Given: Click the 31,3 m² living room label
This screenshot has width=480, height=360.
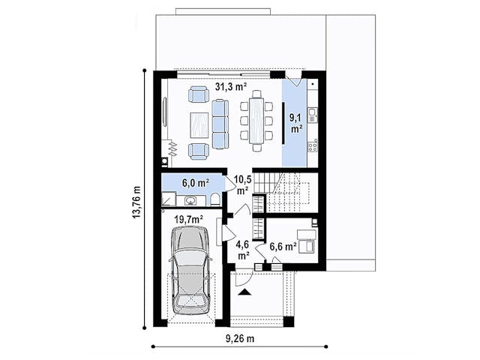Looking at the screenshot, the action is click(x=231, y=87).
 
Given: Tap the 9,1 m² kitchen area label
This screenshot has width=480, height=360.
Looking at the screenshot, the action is click(x=296, y=122).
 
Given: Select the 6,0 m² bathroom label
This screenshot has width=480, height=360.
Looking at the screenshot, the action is click(x=196, y=183).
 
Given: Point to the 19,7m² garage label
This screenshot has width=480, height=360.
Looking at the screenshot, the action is click(x=189, y=219).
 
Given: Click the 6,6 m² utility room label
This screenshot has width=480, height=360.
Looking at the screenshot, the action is click(x=283, y=247).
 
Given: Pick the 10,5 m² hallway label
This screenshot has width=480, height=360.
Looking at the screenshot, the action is click(x=243, y=184).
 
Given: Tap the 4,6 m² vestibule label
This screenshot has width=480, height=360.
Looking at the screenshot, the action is click(x=242, y=250).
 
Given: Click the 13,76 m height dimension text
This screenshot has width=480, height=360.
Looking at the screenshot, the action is click(x=136, y=202).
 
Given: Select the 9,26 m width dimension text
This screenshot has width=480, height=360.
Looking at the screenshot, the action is click(x=240, y=338).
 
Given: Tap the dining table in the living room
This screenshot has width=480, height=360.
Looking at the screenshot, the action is click(x=256, y=120).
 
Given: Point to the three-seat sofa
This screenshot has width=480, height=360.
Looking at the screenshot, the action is click(x=220, y=124).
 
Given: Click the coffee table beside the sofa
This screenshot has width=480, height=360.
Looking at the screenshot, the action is click(x=199, y=125).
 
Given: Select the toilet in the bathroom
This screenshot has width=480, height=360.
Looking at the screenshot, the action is click(x=215, y=199).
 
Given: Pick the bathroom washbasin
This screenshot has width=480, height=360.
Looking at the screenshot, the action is click(x=190, y=200).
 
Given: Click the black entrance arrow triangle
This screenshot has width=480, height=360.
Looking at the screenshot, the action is click(x=244, y=292).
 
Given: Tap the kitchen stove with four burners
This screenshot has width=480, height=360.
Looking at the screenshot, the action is click(x=313, y=147).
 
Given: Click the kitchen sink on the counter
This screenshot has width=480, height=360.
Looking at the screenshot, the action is click(x=312, y=115).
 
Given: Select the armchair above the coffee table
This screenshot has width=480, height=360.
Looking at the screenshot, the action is click(x=199, y=94).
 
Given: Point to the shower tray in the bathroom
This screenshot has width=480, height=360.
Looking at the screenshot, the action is click(x=168, y=199).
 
